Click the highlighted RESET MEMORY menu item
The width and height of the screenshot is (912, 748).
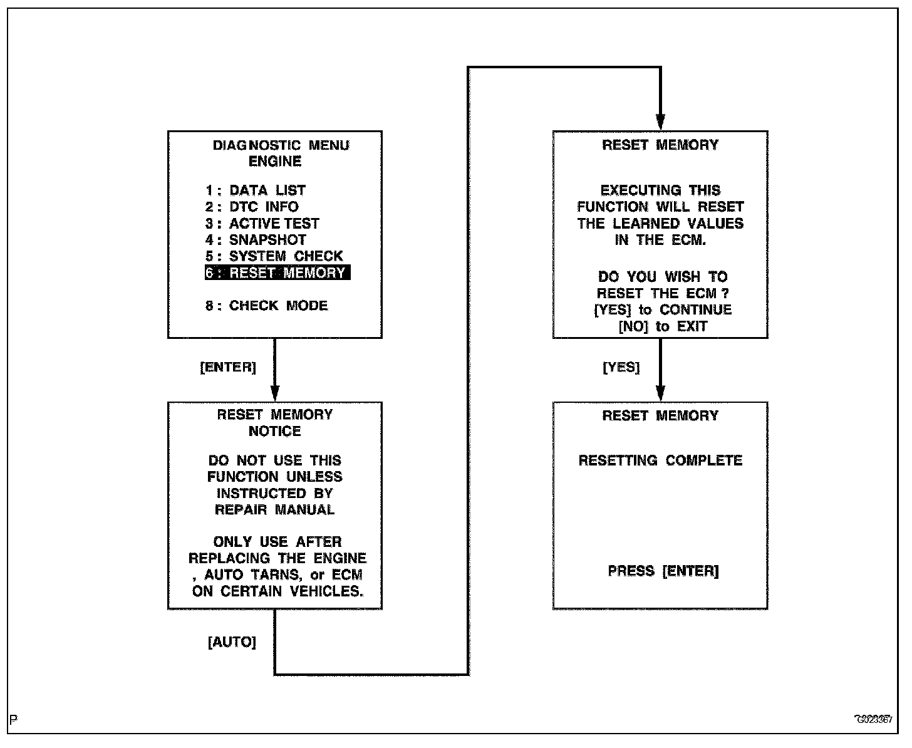(x=277, y=273)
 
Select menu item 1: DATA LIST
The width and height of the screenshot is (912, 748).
(x=256, y=190)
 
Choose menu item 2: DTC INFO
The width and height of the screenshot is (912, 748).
(x=252, y=207)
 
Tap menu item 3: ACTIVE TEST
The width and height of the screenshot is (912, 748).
(x=262, y=224)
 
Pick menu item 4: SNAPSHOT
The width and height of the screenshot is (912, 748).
(x=256, y=240)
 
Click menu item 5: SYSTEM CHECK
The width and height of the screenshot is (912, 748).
(x=274, y=256)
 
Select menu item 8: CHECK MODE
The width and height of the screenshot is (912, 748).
(x=266, y=306)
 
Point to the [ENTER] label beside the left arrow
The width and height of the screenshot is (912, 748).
(x=228, y=368)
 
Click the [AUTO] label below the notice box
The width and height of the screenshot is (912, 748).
(x=232, y=642)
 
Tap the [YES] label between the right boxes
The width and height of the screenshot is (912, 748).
(x=621, y=368)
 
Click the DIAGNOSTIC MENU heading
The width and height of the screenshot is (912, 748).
(x=281, y=145)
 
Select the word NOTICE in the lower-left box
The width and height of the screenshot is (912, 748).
(x=275, y=431)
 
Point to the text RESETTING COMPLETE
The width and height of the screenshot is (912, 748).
(x=660, y=460)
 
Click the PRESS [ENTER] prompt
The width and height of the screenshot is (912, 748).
(x=663, y=571)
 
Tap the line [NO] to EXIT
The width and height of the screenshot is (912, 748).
(x=663, y=326)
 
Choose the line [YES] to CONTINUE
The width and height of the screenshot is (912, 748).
(x=663, y=310)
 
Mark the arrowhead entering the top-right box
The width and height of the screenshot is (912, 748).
(x=660, y=122)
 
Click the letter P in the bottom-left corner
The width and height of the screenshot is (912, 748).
(x=14, y=719)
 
